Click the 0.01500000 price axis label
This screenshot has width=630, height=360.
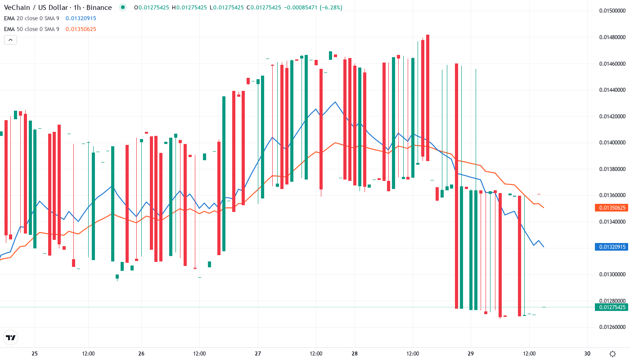(x=612, y=10)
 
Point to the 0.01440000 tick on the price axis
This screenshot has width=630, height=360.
(x=612, y=90)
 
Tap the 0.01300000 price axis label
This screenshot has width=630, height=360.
(x=612, y=274)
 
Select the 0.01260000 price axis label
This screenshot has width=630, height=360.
(x=612, y=327)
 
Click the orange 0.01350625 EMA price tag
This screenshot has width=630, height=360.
(x=611, y=208)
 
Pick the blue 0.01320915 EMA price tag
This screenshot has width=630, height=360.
(x=611, y=247)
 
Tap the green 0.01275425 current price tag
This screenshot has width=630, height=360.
(x=611, y=307)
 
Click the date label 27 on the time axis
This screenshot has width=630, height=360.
(x=258, y=354)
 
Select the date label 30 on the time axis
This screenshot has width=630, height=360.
(x=587, y=354)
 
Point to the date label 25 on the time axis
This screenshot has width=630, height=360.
(x=35, y=354)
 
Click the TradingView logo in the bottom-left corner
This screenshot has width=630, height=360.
(x=10, y=337)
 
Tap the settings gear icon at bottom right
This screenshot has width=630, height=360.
(x=612, y=354)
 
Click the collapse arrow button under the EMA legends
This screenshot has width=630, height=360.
(x=10, y=40)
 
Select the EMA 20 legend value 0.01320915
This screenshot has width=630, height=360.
(x=81, y=18)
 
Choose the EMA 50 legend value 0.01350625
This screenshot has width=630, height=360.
(x=81, y=29)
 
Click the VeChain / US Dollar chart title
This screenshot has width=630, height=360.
(x=58, y=8)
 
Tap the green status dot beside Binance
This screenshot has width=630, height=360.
(x=122, y=7)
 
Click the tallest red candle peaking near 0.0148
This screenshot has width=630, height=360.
(x=427, y=97)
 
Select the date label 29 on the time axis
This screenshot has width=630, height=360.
(x=471, y=354)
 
